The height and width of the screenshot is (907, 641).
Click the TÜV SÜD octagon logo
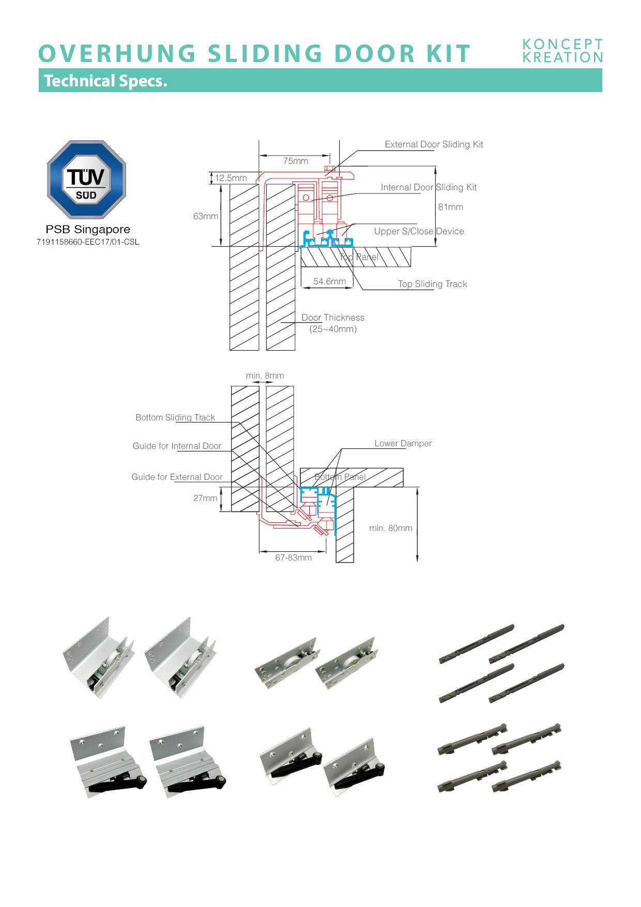click(86, 179)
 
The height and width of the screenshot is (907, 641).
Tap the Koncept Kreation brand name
click(562, 51)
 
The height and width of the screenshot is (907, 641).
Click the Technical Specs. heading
click(106, 81)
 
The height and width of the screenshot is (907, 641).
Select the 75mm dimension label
click(296, 161)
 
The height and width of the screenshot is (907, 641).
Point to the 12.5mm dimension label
click(231, 178)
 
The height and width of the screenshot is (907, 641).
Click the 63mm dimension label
click(206, 216)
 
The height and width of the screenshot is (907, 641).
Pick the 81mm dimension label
click(451, 207)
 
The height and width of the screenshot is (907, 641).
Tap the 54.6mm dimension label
click(329, 281)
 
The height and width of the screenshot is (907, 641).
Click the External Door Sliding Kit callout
click(434, 144)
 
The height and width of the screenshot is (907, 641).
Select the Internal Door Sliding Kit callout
click(429, 187)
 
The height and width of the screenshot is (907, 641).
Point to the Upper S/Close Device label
click(419, 231)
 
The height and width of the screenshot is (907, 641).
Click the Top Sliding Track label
click(432, 284)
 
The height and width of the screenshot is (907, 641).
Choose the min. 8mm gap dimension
click(265, 375)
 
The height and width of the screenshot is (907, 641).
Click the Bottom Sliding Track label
click(175, 417)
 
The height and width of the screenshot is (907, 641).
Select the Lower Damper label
click(403, 443)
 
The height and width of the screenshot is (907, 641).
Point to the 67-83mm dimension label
click(293, 557)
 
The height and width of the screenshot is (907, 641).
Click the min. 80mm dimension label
click(391, 528)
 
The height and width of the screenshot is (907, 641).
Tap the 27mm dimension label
click(205, 498)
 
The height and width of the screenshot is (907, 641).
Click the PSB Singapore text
click(88, 229)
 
